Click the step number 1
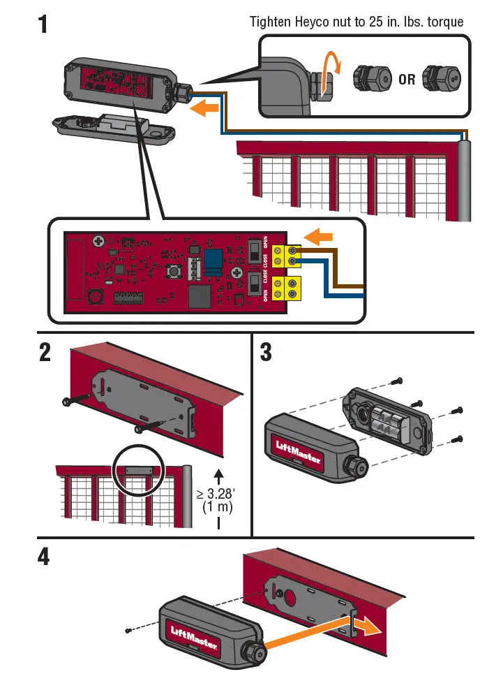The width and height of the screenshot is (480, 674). (x=43, y=24)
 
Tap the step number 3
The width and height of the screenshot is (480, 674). (x=266, y=352)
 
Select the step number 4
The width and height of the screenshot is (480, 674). (x=43, y=559)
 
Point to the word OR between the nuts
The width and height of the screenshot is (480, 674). (x=407, y=79)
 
